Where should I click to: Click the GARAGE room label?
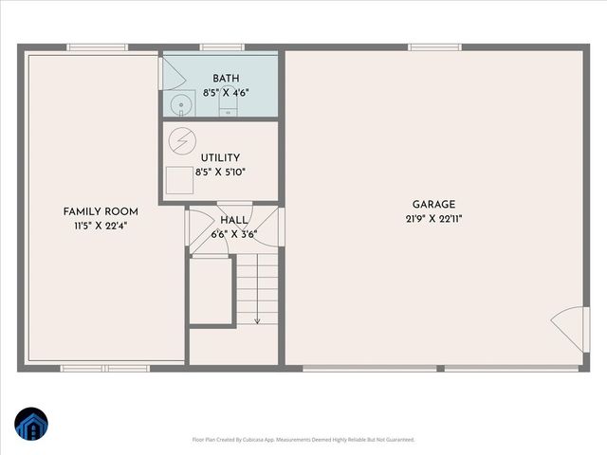[x=433, y=204]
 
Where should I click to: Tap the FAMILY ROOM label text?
[x=101, y=211]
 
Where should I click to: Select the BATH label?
[x=226, y=79]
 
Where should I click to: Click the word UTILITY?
[x=220, y=158]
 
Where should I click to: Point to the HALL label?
[x=233, y=220]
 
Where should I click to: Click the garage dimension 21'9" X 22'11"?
[x=433, y=219]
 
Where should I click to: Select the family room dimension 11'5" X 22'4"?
[x=101, y=227]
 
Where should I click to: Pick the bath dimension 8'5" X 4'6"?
[x=226, y=93]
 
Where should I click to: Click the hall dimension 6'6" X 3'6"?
[x=233, y=233]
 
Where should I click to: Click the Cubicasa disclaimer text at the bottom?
[x=303, y=440]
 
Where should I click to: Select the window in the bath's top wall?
[x=223, y=46]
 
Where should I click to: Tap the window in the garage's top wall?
[x=434, y=46]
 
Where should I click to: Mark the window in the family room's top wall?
[x=97, y=46]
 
